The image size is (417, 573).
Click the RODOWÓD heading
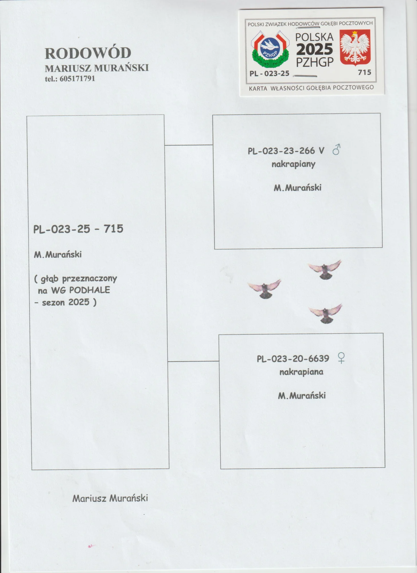pos(88,53)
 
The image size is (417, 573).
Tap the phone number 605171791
pos(77,79)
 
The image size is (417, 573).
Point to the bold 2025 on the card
pos(315,49)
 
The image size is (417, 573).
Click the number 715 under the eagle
pos(365,72)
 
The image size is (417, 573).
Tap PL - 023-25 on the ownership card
pos(269,74)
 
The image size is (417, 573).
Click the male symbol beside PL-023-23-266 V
pos(336,149)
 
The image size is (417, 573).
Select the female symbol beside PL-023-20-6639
pos(341,358)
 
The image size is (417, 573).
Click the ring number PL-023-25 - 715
pos(78,229)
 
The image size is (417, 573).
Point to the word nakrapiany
pos(293,164)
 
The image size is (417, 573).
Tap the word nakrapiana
pos(301,372)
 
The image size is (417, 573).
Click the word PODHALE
pos(89,290)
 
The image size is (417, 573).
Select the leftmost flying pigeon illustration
pos(264,289)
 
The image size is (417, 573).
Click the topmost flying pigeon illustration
pos(325,269)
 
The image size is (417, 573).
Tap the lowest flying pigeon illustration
pos(325,313)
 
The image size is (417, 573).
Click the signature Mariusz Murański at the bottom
pos(110,498)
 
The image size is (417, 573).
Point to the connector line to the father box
pos(188,145)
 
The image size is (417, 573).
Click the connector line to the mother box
pos(193,361)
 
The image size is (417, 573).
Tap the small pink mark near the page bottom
pos(91,546)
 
